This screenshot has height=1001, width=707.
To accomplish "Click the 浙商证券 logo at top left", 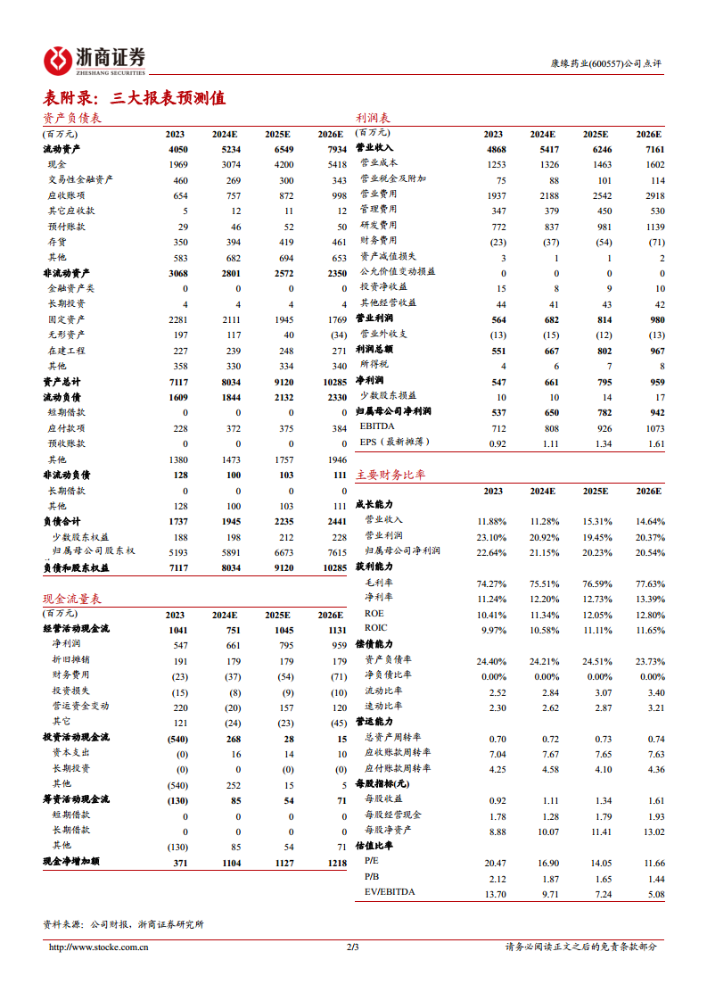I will tap(95, 60).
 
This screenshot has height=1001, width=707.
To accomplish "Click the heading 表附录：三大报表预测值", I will tap(134, 98).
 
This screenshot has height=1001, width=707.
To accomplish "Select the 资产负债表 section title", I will tap(72, 119).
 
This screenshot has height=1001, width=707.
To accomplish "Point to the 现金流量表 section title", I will tap(72, 599).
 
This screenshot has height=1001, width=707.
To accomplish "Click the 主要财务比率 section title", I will tap(390, 476).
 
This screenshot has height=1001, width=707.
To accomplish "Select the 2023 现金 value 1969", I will tap(176, 164).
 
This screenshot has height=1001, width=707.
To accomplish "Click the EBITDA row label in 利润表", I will tap(380, 426).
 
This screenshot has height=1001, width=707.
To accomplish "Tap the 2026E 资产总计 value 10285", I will tap(333, 382).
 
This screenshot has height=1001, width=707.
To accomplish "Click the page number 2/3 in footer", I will tap(353, 947).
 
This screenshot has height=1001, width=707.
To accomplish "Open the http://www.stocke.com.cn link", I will tap(97, 947).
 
